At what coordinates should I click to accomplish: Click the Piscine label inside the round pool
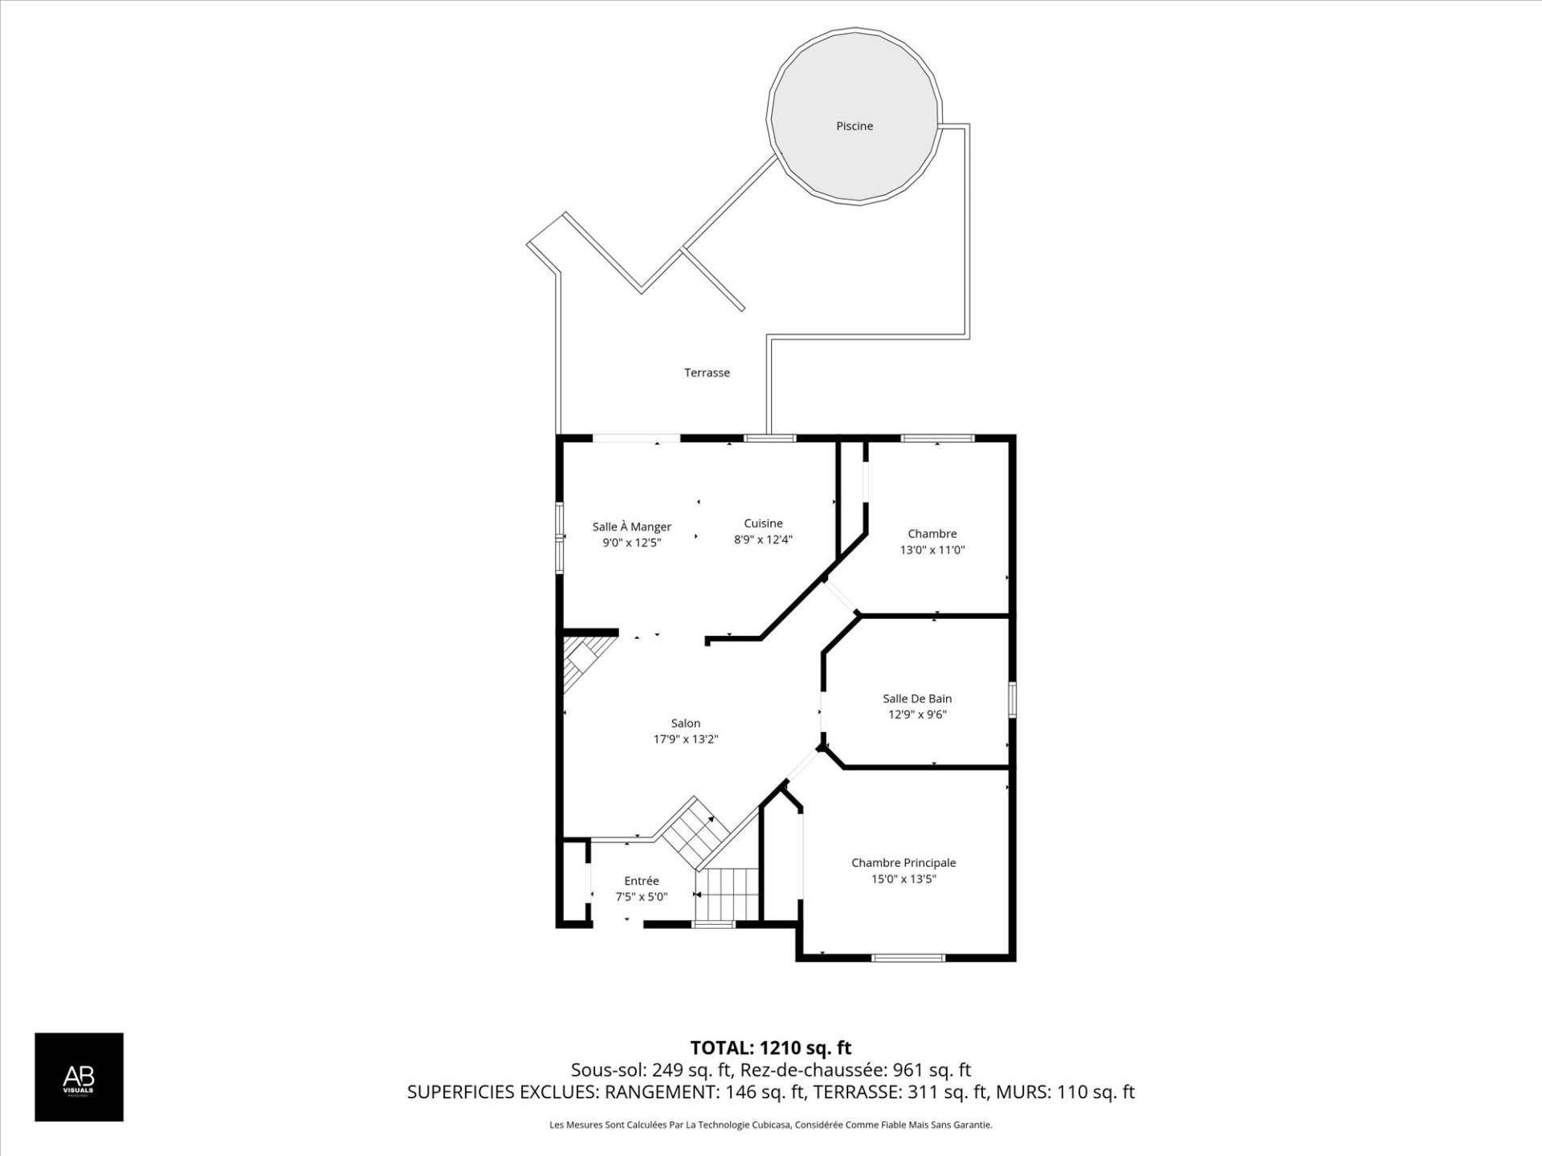pos(854,126)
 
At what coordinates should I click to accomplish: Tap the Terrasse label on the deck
pos(707,372)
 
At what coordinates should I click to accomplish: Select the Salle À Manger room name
pos(631,527)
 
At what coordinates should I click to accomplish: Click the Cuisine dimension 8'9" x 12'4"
pos(763,539)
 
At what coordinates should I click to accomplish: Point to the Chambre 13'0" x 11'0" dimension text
pos(932,550)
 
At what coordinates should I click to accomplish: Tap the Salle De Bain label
pos(917,698)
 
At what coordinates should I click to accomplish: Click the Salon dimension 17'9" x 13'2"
pos(685,739)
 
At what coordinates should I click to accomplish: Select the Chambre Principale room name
pos(904,862)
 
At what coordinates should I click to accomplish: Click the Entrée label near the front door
pos(641,881)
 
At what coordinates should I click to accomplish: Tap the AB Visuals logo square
pos(79,1077)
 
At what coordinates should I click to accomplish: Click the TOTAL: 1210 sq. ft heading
pos(770,1048)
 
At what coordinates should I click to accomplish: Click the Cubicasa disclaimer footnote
pos(770,1125)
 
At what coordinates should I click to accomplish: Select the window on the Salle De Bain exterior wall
pos(1012,698)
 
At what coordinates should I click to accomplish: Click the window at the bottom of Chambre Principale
pos(908,957)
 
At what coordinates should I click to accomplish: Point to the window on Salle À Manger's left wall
pos(560,537)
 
